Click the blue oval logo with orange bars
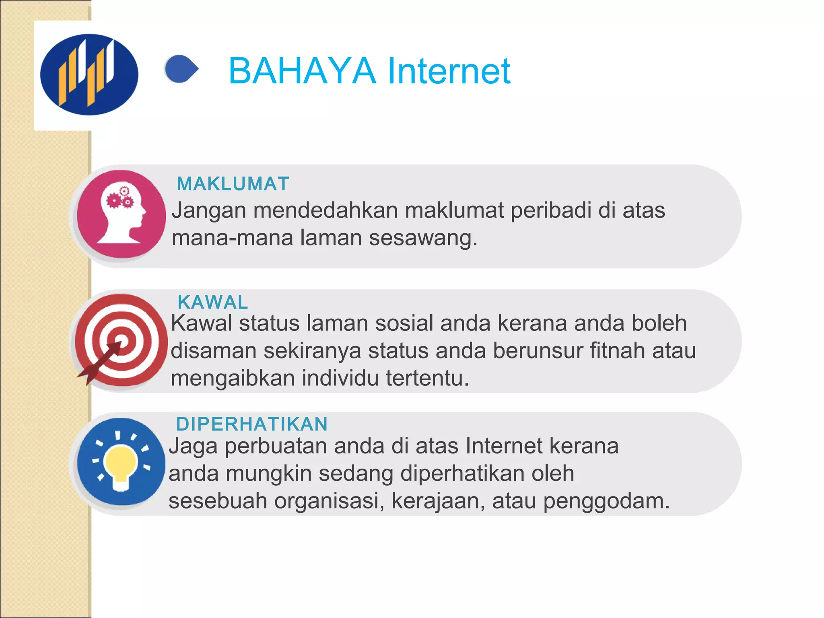click(89, 74)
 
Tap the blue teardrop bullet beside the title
click(181, 69)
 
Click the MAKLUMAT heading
click(233, 184)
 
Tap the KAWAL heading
click(213, 302)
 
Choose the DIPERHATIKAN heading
click(252, 424)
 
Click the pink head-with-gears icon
click(121, 214)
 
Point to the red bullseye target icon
click(121, 340)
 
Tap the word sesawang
click(423, 238)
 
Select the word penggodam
click(606, 501)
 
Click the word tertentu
click(427, 378)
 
